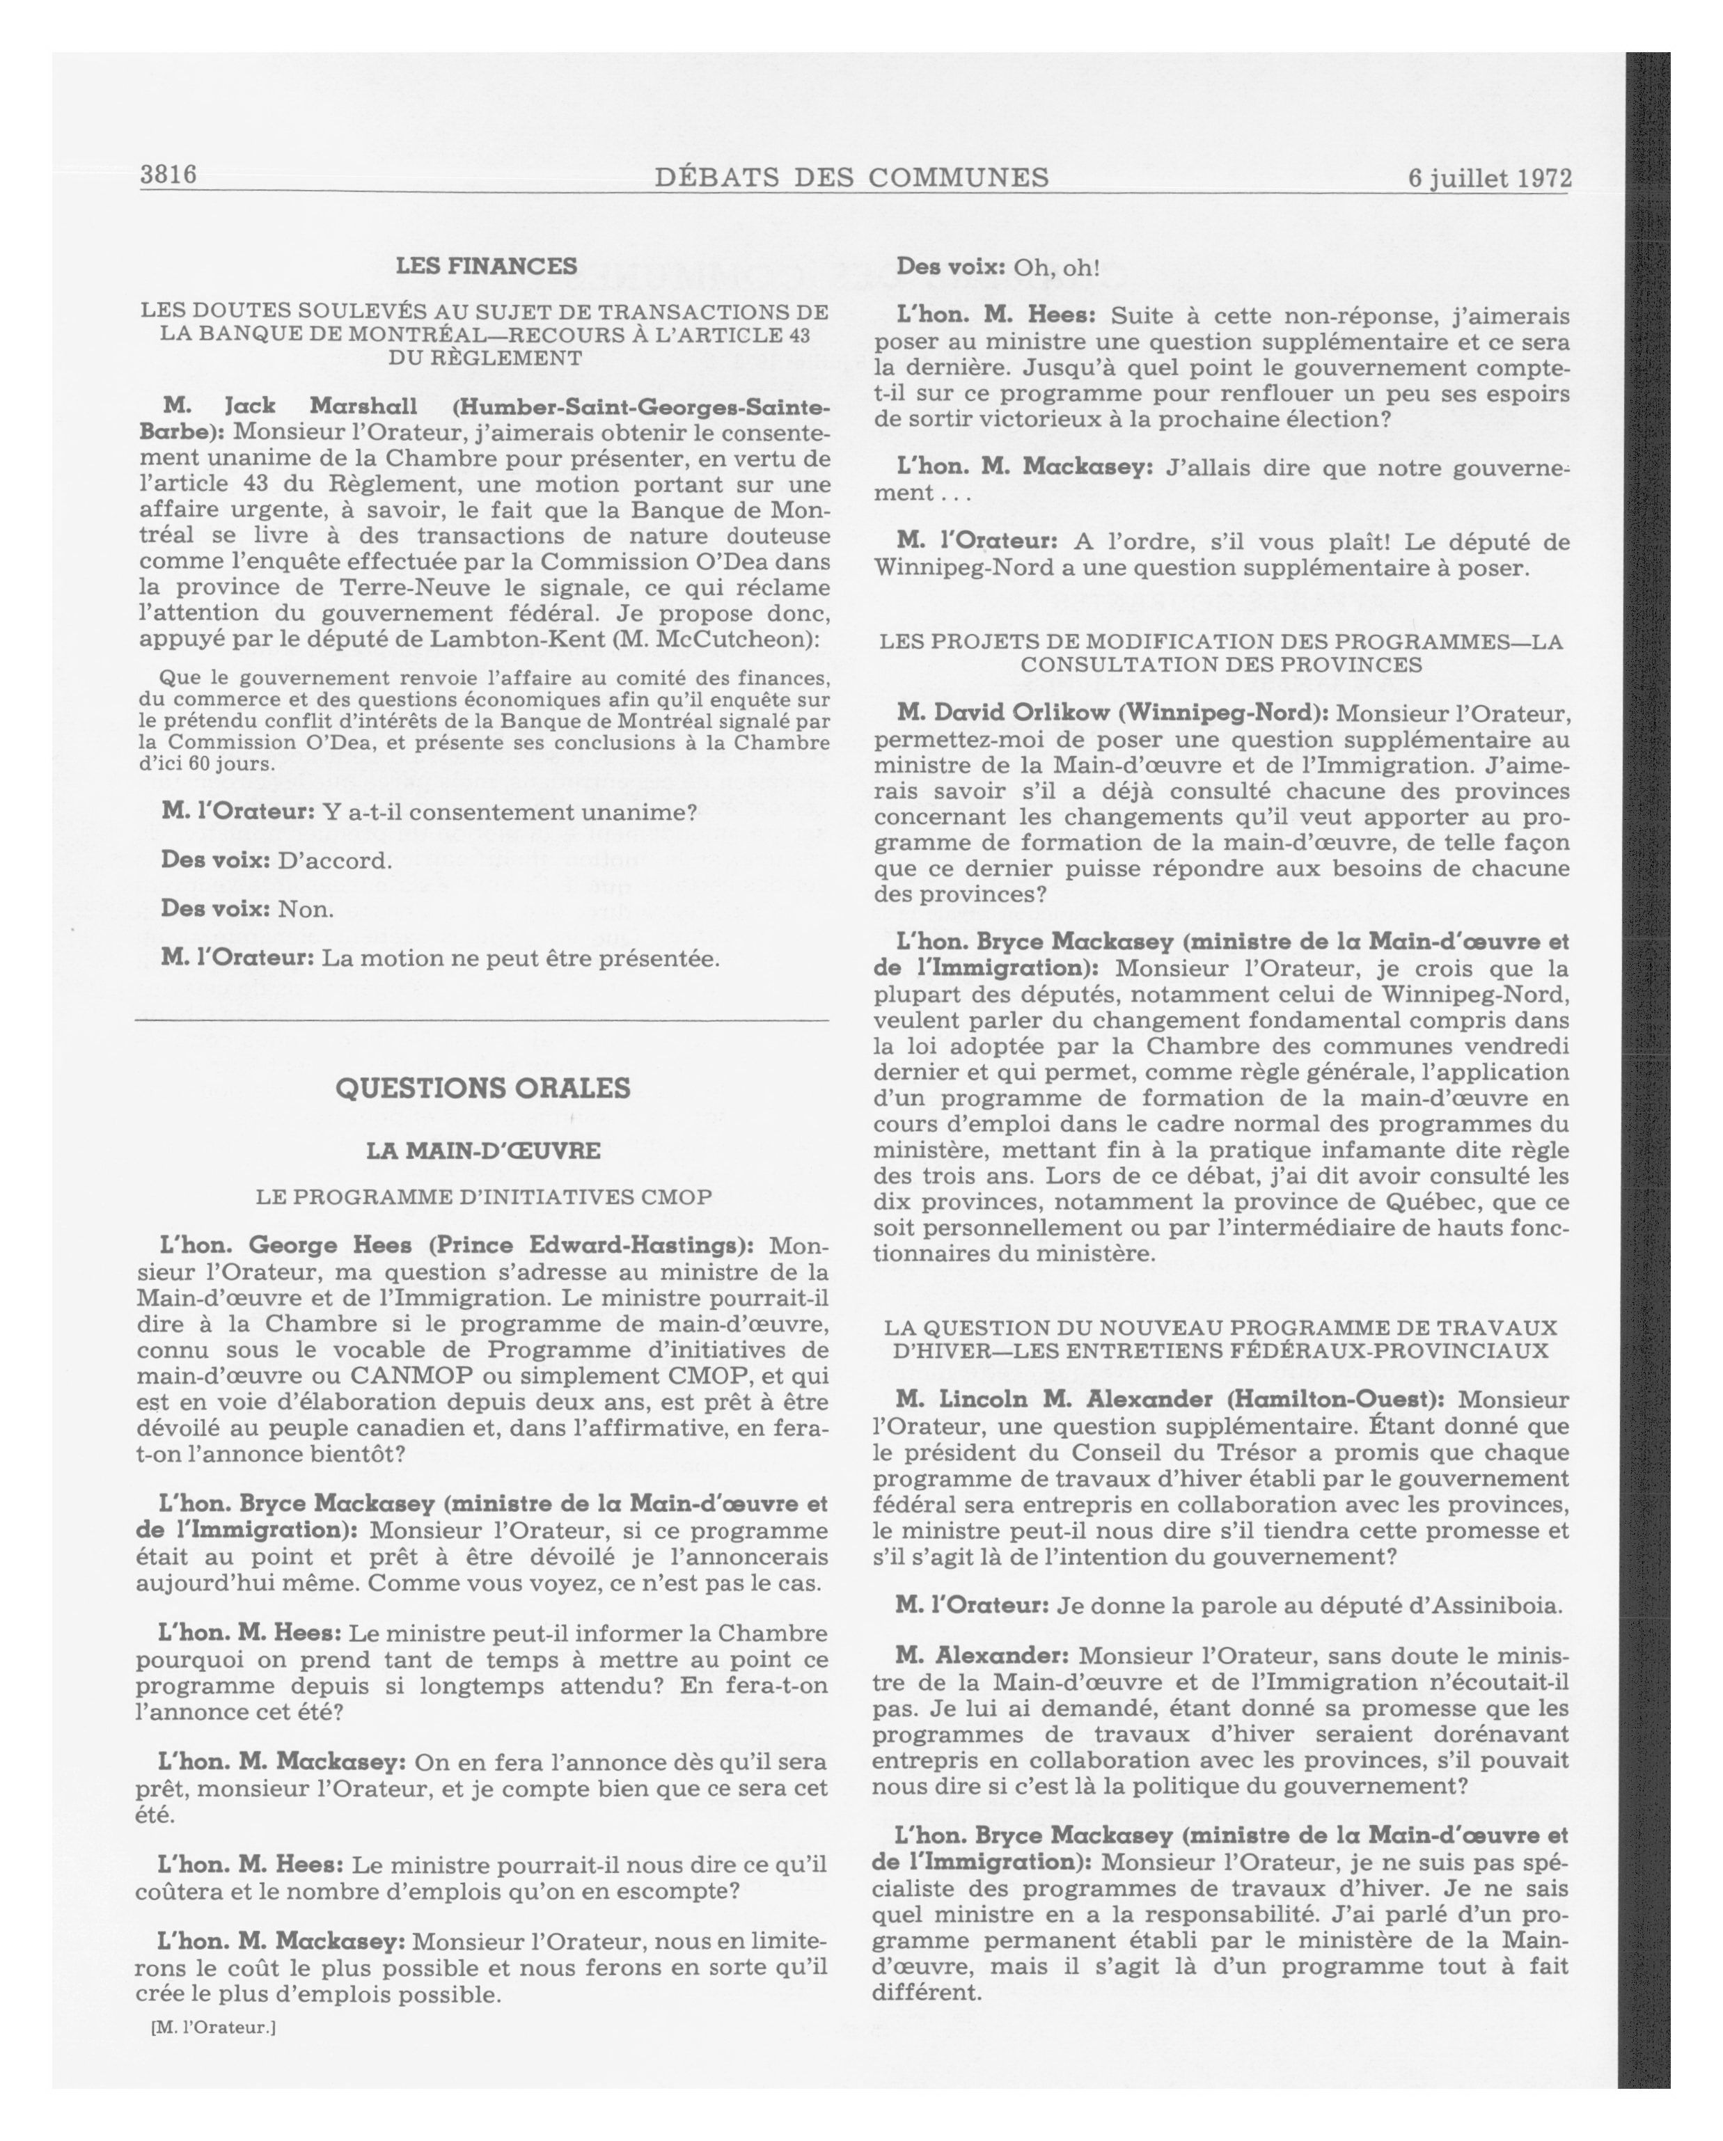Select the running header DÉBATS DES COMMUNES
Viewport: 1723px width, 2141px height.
coord(851,177)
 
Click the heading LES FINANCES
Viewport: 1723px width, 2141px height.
coord(486,266)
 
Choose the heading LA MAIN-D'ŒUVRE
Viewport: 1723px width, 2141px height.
coord(484,1151)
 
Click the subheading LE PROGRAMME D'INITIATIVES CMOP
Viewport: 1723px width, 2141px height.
coord(484,1196)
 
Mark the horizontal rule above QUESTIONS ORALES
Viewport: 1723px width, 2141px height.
coord(482,1021)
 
